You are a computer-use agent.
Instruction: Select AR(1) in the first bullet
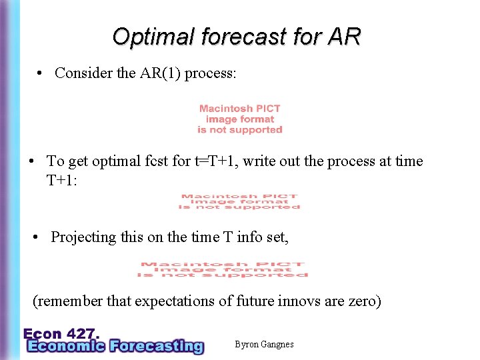159,73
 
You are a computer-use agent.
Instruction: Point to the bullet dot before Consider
41,73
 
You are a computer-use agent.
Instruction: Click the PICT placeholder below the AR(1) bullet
240,119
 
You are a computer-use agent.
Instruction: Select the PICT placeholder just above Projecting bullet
239,202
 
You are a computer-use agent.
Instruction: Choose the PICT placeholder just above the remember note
223,269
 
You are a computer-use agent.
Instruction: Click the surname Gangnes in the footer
275,345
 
